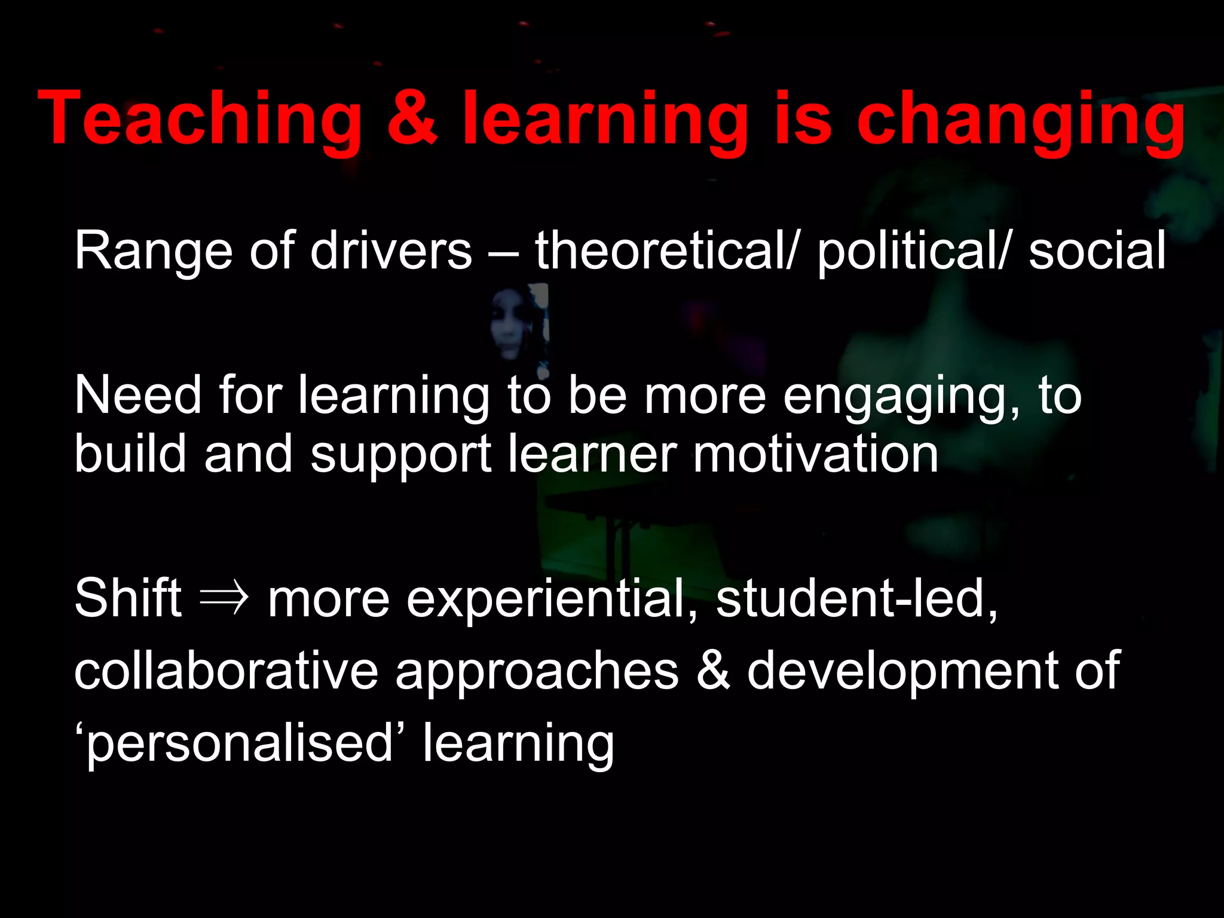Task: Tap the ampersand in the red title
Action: [x=412, y=118]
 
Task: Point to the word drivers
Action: [x=391, y=251]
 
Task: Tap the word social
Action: [x=1097, y=251]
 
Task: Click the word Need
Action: [x=138, y=396]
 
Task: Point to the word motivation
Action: [x=815, y=454]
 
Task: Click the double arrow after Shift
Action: [x=224, y=599]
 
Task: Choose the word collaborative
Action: [x=226, y=671]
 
